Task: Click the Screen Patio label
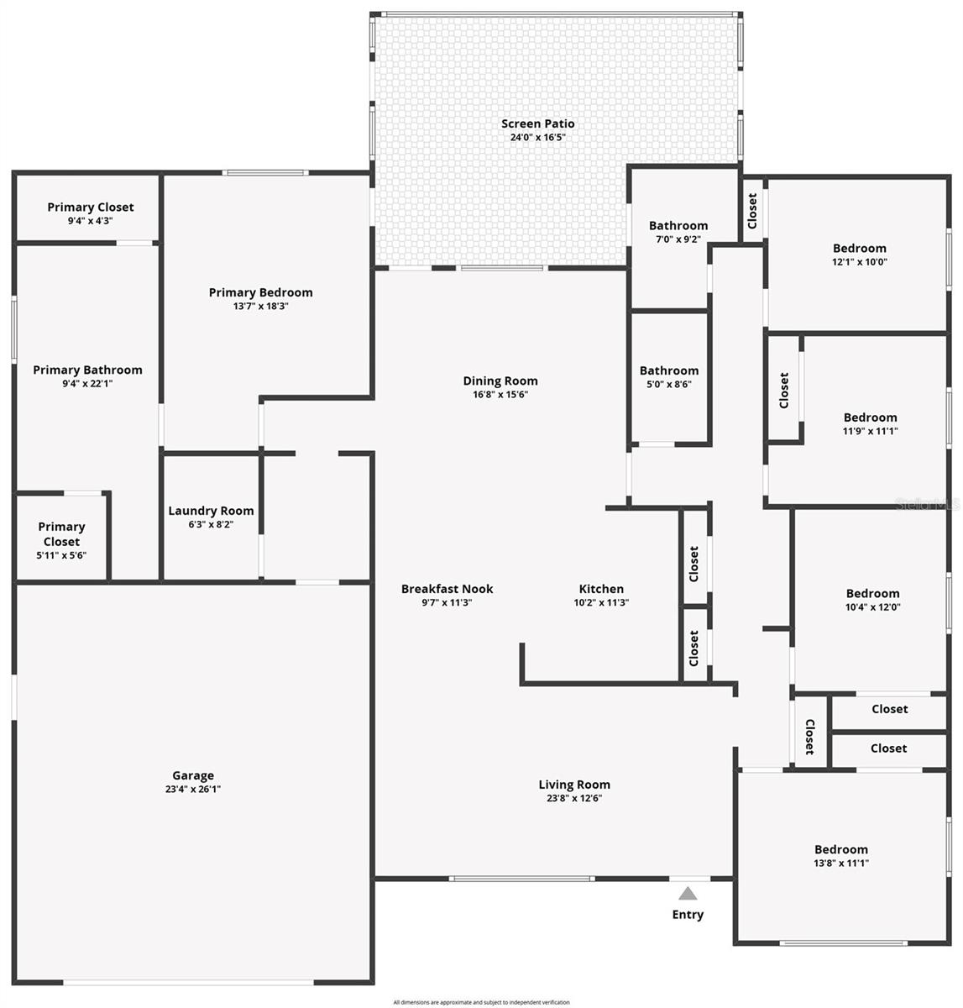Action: coord(538,123)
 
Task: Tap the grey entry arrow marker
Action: coord(688,893)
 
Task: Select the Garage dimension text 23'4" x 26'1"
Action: coord(193,790)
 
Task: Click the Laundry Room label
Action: coord(211,511)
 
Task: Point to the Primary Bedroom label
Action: coord(260,292)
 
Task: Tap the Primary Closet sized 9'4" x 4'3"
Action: coord(90,213)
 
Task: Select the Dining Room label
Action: coord(500,381)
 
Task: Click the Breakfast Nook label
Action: coord(447,589)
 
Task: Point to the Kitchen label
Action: coord(601,589)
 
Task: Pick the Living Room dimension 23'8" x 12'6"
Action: coord(574,799)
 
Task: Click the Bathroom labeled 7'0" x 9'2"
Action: coord(678,231)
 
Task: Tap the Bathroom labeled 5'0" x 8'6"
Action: coord(669,377)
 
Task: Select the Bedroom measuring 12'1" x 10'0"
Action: coord(860,254)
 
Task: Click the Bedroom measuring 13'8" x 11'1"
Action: coord(841,855)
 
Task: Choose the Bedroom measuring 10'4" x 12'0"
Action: coord(872,600)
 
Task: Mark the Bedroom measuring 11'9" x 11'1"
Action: coord(871,423)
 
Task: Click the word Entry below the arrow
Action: coord(688,915)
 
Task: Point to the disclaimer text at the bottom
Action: coord(481,1002)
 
